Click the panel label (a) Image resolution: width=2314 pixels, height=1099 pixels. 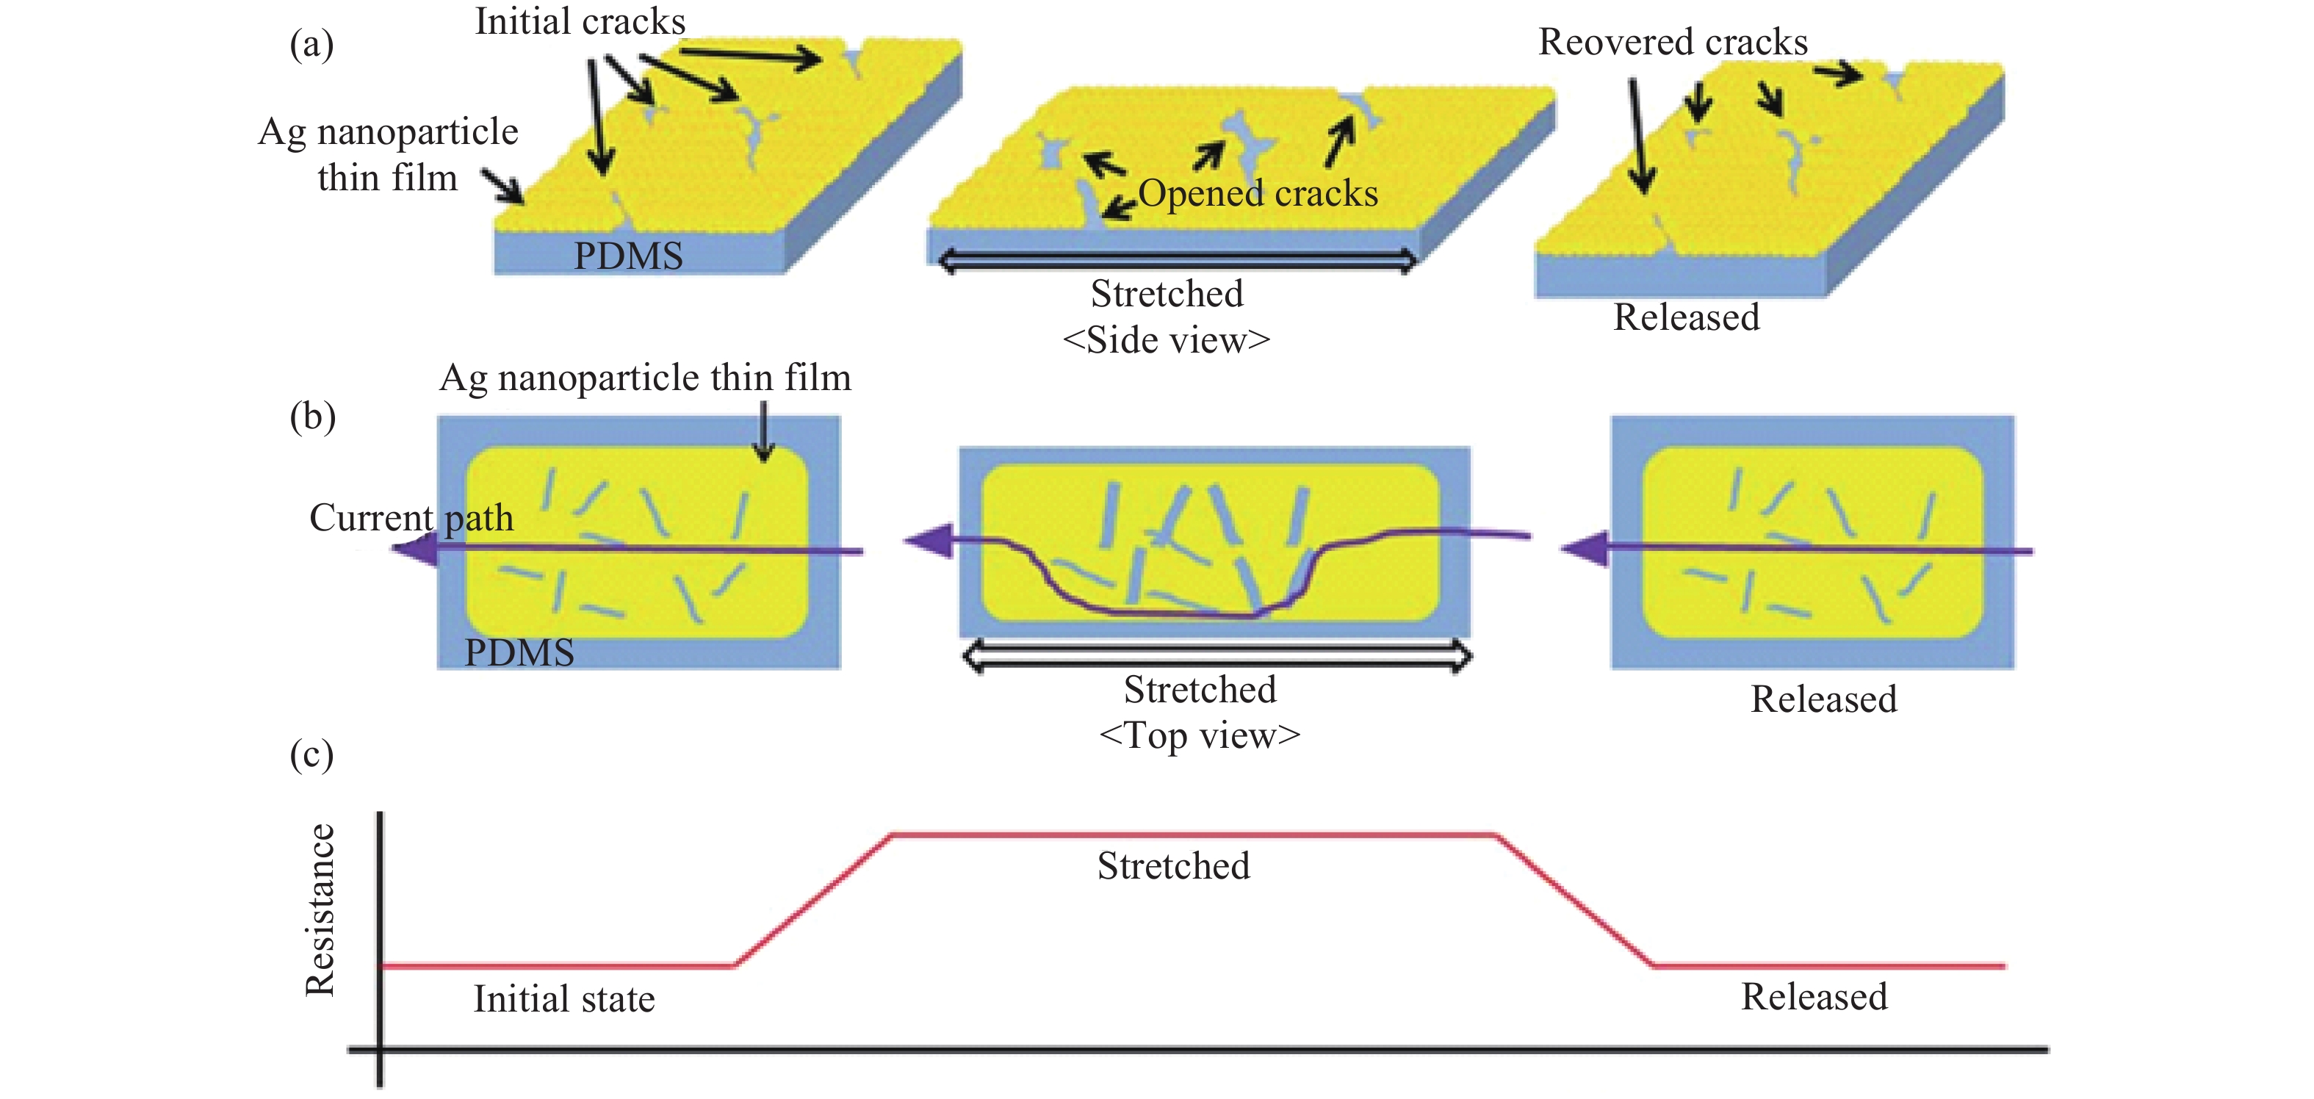(x=311, y=43)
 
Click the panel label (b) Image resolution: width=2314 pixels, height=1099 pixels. (x=311, y=416)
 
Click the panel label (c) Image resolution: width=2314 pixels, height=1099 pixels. (x=311, y=753)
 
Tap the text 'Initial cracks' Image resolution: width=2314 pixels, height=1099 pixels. (x=580, y=21)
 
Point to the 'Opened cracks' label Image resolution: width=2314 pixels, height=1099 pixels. (x=1258, y=193)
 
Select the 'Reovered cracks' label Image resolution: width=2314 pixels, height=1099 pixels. (x=1673, y=42)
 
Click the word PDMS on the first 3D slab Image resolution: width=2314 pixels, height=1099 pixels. (x=628, y=256)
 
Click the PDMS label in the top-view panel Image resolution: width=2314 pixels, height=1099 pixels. (x=519, y=652)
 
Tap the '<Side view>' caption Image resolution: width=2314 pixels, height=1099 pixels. (x=1166, y=339)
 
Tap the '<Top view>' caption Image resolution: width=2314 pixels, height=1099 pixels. (x=1199, y=736)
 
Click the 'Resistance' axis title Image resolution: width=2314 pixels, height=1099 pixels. (x=320, y=909)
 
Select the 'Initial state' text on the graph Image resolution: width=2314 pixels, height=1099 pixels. (x=564, y=999)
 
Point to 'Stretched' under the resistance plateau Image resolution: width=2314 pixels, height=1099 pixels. (x=1173, y=866)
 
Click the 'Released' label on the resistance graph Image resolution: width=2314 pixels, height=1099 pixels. (x=1814, y=997)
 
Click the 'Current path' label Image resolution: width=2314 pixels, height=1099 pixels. (x=411, y=518)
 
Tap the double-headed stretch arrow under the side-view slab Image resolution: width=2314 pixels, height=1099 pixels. (x=1177, y=262)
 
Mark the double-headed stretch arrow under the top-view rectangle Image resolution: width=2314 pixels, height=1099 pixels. (x=1217, y=657)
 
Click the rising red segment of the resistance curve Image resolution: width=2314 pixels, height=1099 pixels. (x=813, y=901)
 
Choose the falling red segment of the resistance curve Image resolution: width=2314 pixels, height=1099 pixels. (x=1574, y=901)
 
